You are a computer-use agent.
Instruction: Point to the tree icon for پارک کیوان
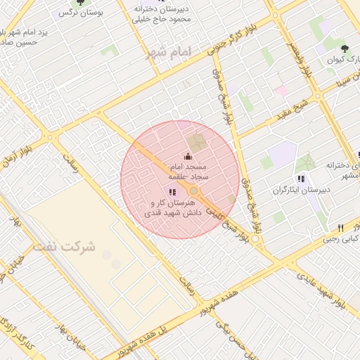(x=344, y=49)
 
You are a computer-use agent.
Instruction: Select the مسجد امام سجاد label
(x=187, y=172)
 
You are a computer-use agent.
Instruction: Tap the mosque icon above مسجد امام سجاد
(x=187, y=156)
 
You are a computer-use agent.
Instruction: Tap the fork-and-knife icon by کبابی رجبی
(x=341, y=228)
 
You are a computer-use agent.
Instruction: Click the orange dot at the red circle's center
(x=193, y=190)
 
